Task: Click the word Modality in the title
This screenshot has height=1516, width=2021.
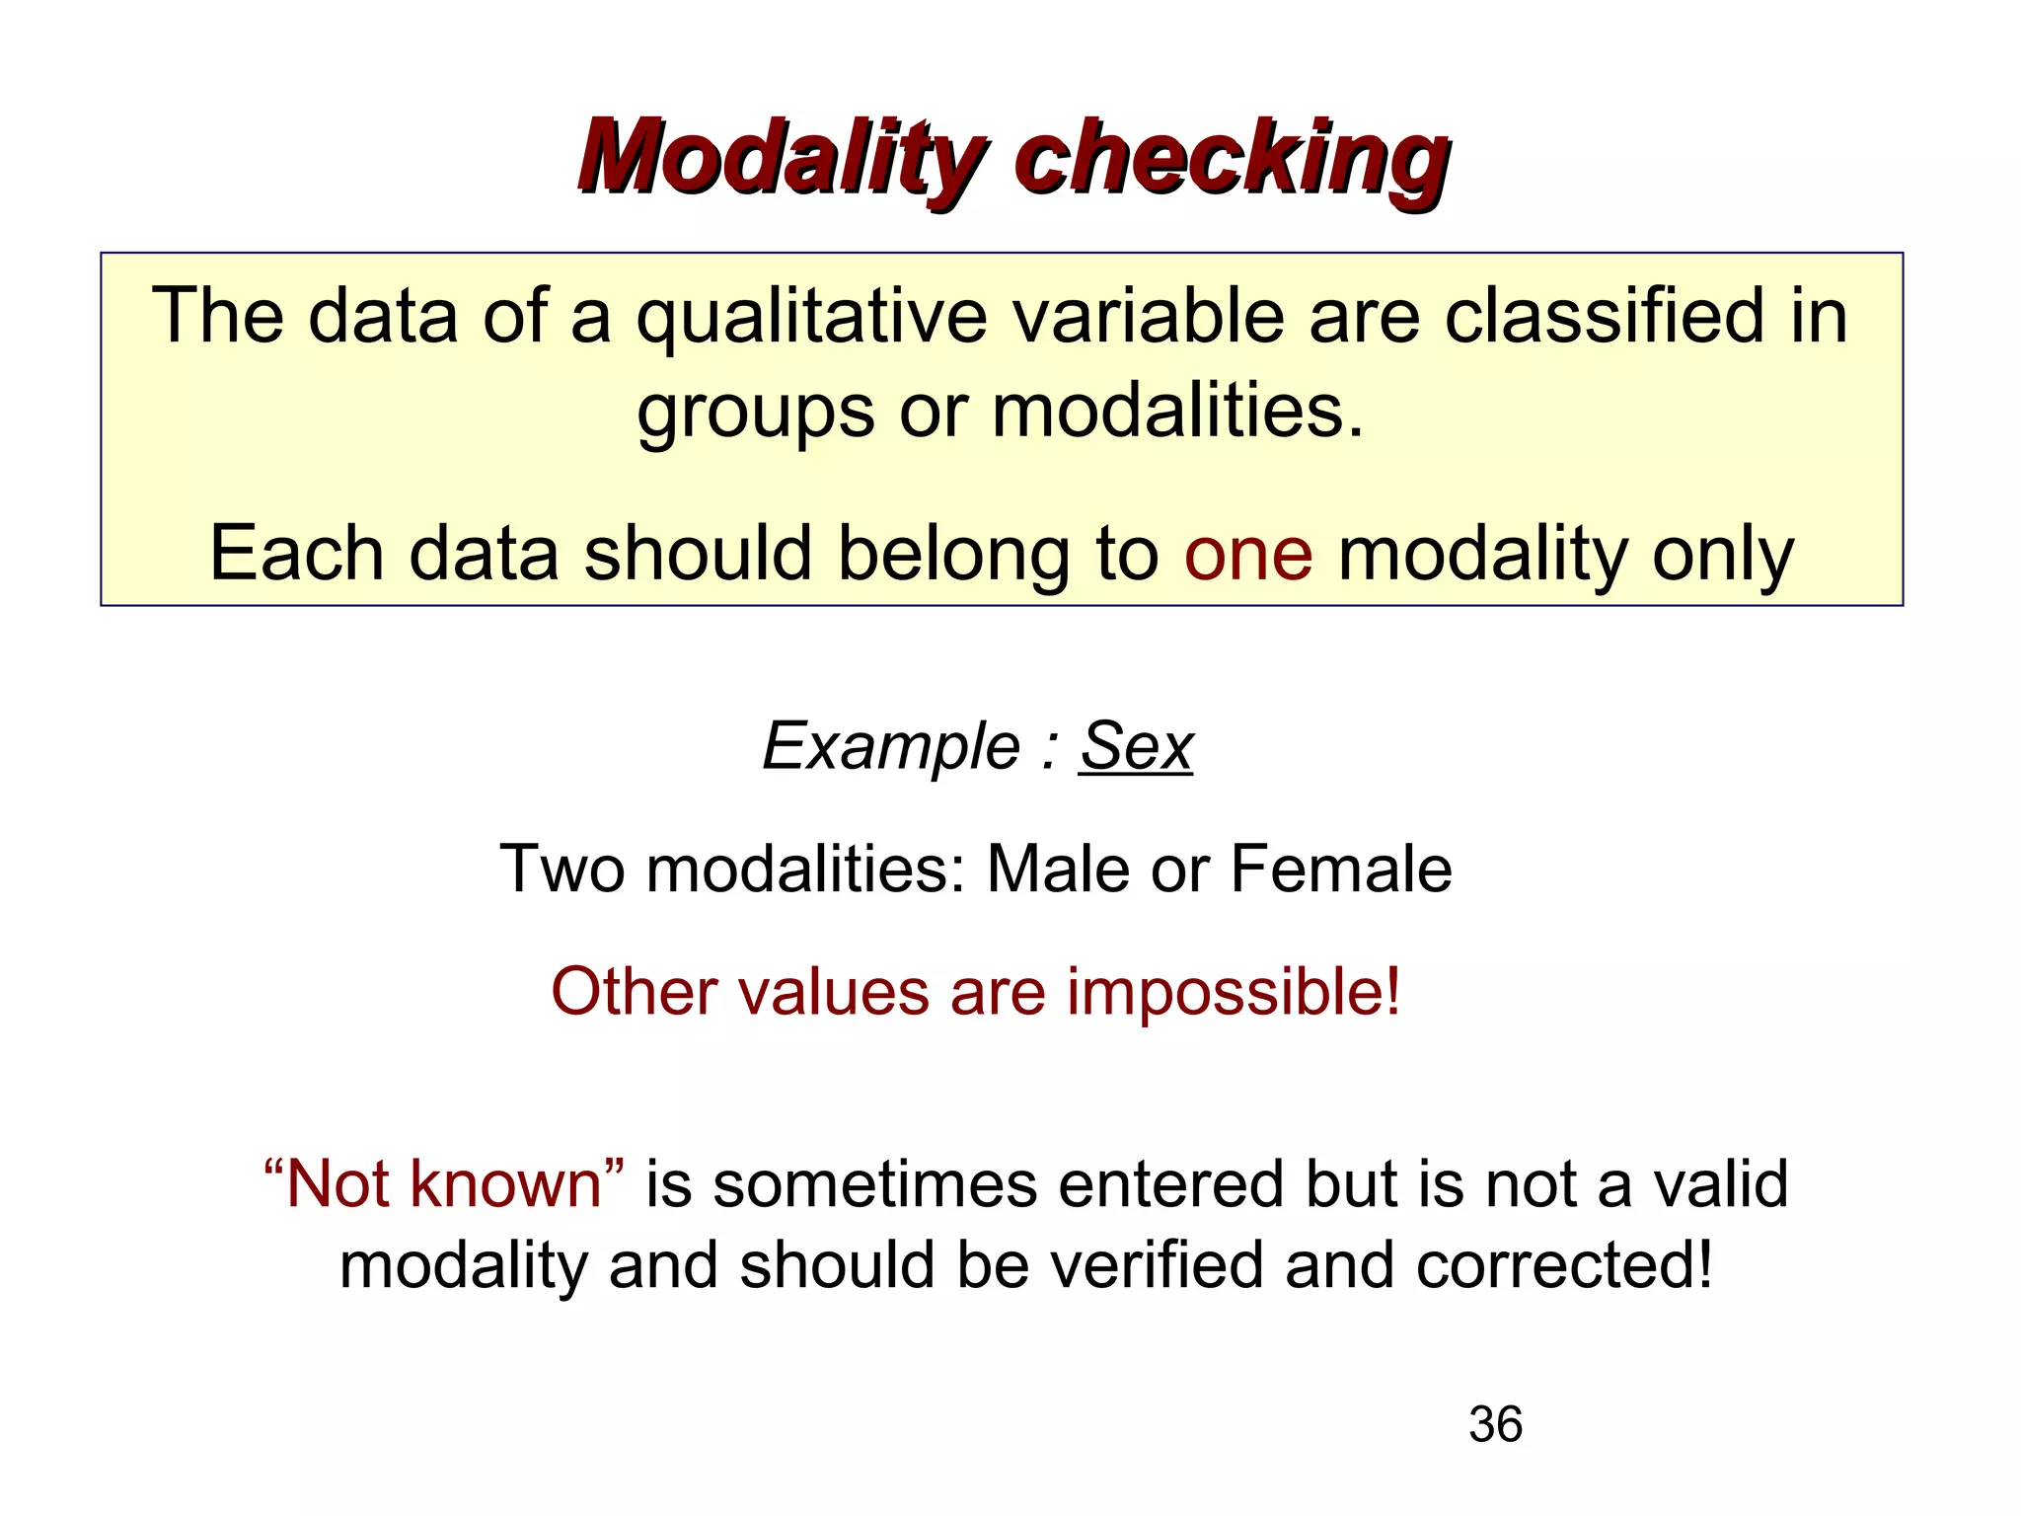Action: pos(780,158)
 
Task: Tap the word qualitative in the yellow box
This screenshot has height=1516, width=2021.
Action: pos(811,318)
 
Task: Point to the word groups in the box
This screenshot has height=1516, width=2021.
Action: pos(755,413)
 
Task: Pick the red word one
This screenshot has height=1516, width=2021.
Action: pos(1248,555)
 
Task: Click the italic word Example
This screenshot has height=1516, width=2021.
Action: pos(891,746)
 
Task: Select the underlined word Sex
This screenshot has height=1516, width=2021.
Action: pos(1136,746)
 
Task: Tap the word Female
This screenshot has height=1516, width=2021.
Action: pos(1341,870)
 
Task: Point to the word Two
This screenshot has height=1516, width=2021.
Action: pos(561,870)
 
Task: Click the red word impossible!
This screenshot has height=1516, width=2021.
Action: pos(1234,993)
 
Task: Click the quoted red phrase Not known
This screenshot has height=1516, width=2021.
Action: pos(444,1183)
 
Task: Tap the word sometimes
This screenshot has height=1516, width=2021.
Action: pos(874,1183)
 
